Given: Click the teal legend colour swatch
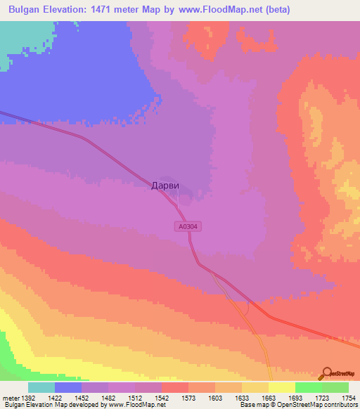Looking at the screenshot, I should (41, 387).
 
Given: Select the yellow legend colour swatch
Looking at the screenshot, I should (281, 387).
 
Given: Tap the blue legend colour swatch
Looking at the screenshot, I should (68, 387).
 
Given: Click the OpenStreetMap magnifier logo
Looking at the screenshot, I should (327, 374).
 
